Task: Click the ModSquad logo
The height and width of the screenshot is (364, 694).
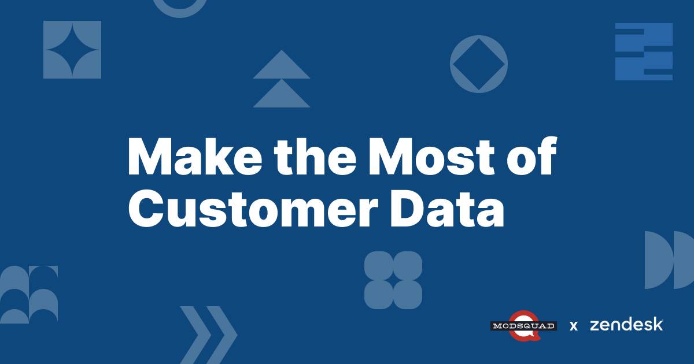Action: pyautogui.click(x=523, y=325)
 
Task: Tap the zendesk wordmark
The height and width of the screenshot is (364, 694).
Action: pyautogui.click(x=626, y=325)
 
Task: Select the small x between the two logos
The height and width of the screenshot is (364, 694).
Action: pyautogui.click(x=574, y=326)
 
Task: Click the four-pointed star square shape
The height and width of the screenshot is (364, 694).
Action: pyautogui.click(x=72, y=50)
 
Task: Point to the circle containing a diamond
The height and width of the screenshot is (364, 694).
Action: pyautogui.click(x=478, y=64)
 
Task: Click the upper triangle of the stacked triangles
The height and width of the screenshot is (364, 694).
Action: pyautogui.click(x=282, y=65)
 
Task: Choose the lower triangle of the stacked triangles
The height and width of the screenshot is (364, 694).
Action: pyautogui.click(x=282, y=94)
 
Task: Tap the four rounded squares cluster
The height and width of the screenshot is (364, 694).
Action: pyautogui.click(x=393, y=280)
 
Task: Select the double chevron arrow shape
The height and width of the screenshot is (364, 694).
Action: pyautogui.click(x=208, y=335)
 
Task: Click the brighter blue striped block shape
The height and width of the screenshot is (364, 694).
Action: pyautogui.click(x=644, y=51)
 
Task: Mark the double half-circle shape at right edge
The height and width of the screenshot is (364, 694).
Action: pyautogui.click(x=668, y=260)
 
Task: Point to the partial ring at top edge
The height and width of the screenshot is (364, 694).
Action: pyautogui.click(x=180, y=7)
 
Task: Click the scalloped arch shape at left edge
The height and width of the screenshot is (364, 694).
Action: pyautogui.click(x=29, y=294)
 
